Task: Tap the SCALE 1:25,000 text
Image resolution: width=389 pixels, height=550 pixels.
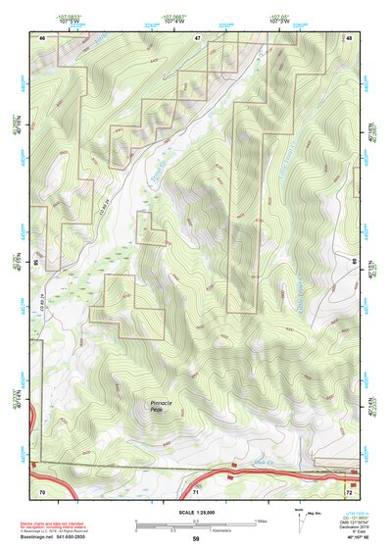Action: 195,513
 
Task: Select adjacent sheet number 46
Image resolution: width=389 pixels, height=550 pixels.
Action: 42,36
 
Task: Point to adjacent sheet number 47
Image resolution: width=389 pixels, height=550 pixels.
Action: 196,36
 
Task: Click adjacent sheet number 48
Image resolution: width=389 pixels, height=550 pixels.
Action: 349,36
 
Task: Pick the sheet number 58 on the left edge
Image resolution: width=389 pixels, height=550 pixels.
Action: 37,263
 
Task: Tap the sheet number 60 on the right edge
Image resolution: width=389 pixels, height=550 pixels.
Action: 354,263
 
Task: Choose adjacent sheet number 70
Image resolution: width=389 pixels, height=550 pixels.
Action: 42,490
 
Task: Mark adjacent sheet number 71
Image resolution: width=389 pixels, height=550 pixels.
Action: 196,490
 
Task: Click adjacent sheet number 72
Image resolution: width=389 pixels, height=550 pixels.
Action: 349,490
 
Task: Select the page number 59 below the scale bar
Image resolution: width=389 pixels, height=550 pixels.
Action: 195,540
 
